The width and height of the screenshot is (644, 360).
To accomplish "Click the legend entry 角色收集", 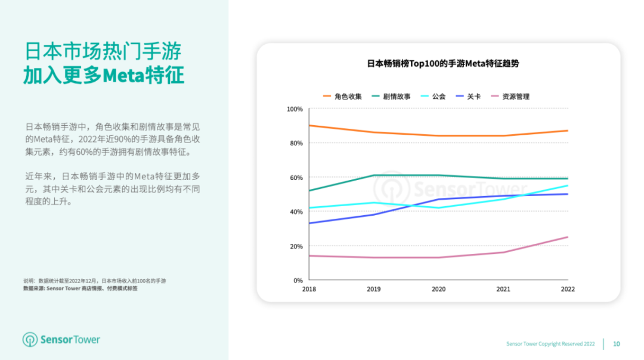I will tap(342, 96).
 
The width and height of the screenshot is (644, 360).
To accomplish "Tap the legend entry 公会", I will tap(434, 96).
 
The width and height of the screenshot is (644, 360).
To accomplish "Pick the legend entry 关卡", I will tap(468, 96).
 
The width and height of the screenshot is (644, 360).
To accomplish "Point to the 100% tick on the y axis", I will tap(295, 109).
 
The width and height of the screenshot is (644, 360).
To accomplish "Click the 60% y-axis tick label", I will tap(296, 178).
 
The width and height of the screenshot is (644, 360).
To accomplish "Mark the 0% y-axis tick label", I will tap(298, 280).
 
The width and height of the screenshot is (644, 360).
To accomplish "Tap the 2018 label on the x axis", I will tap(309, 289).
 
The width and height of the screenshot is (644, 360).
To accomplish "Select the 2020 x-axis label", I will tap(438, 289).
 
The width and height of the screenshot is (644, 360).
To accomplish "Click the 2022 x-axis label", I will tap(568, 289).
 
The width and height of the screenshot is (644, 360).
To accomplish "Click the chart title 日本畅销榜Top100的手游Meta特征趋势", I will tap(438, 63).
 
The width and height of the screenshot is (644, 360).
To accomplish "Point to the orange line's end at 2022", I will tap(568, 131).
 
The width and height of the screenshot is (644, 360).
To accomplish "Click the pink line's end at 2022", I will tap(568, 237).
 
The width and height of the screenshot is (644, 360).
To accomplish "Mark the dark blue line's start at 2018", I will tap(309, 224).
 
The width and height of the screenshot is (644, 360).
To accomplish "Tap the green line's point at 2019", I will tap(374, 175).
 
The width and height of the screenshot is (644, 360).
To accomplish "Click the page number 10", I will tap(617, 344).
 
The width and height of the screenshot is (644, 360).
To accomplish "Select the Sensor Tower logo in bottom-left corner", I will tap(61, 340).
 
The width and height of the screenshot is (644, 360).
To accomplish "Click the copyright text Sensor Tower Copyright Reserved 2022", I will tap(550, 344).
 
